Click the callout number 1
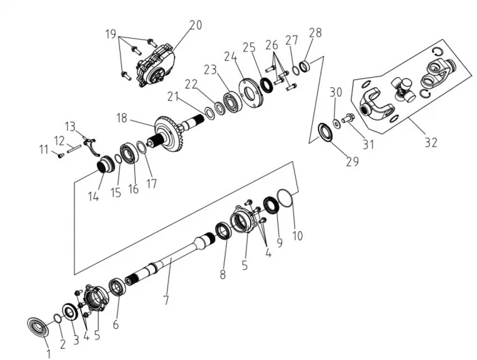(48, 353)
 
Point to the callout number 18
(122, 117)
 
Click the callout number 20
(196, 25)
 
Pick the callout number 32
(430, 142)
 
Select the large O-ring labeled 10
(287, 201)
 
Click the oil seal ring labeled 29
(327, 131)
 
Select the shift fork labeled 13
(94, 147)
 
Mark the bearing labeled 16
(129, 153)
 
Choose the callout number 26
(272, 45)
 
